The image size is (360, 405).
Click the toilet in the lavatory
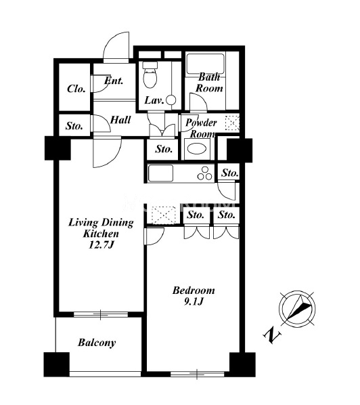150,74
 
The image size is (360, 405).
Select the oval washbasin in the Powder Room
197,149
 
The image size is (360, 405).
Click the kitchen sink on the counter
160,173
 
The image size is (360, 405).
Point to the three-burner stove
205,173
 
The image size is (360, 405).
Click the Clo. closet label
76,89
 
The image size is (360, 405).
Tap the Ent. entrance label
114,81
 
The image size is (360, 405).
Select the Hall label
120,120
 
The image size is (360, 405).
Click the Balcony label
97,343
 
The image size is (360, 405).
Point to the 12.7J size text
101,244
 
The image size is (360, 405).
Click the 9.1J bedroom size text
194,301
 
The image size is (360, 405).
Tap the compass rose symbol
297,309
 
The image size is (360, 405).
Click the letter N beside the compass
272,335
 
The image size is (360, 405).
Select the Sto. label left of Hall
74,126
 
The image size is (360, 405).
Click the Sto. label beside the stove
229,173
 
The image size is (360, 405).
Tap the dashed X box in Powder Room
232,123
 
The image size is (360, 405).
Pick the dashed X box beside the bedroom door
163,214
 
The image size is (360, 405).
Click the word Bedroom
194,291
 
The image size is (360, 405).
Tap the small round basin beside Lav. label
171,100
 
